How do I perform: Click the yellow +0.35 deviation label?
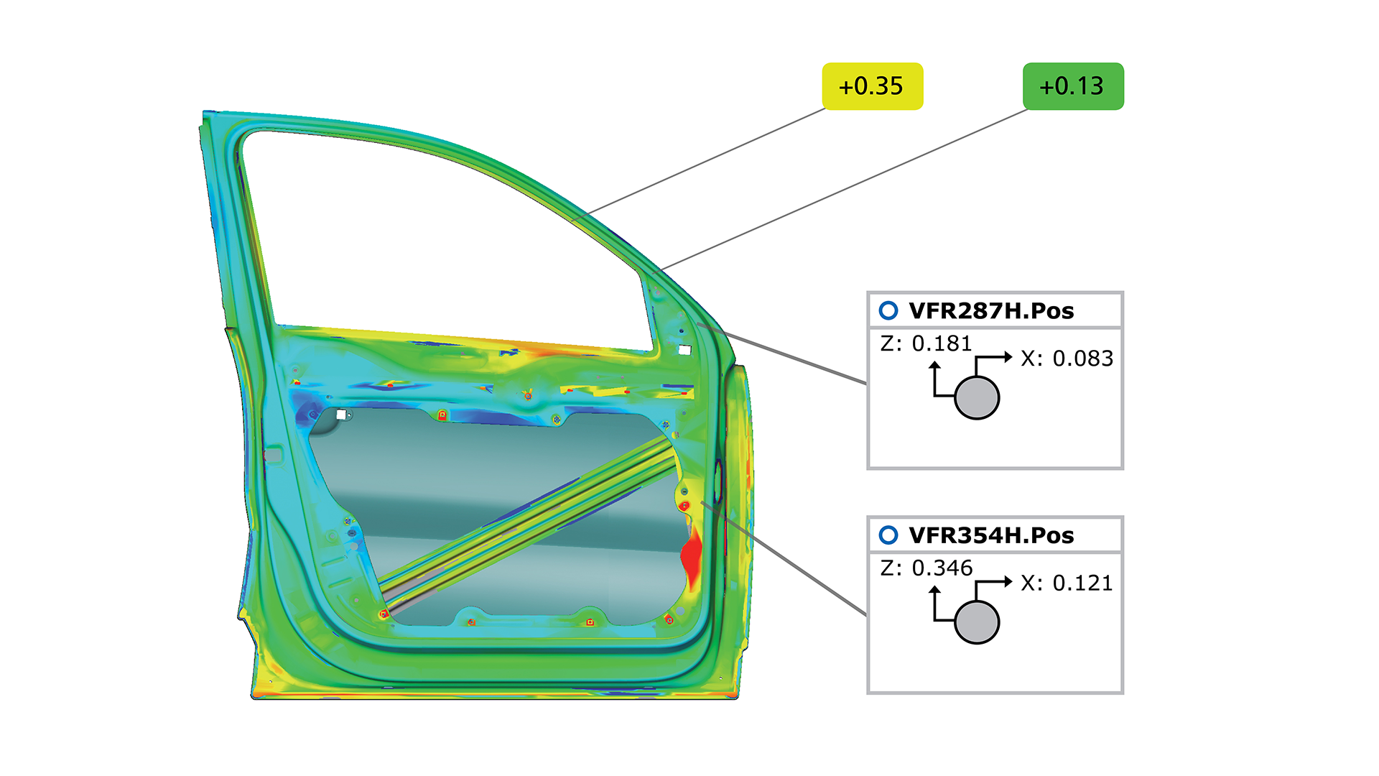872,86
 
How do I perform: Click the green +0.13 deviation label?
1072,86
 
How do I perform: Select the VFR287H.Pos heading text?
991,311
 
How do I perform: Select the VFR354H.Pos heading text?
991,535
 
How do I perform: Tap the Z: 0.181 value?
927,344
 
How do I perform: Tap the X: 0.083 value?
1067,359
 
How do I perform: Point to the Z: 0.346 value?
927,568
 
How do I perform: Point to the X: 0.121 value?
1067,583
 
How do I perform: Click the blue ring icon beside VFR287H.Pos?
888,310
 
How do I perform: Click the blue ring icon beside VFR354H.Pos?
888,535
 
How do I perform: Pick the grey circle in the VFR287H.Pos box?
977,397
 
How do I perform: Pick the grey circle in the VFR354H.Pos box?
977,622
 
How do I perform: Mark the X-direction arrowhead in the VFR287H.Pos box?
1008,356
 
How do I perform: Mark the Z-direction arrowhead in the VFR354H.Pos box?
934,590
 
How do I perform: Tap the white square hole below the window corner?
684,350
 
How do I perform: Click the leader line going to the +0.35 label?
704,162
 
